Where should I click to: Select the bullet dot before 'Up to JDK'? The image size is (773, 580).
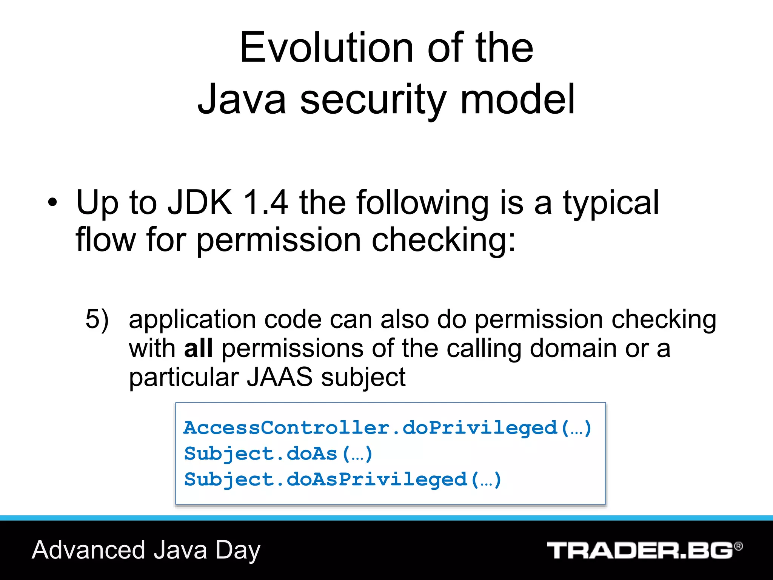click(53, 203)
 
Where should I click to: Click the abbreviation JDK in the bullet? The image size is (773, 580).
click(200, 203)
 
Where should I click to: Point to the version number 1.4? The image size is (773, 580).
click(266, 203)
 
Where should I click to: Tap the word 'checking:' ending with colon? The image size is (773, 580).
click(443, 240)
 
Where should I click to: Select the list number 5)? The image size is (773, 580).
click(97, 319)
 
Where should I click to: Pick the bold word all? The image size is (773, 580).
click(198, 348)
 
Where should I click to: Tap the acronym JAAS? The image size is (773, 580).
click(279, 377)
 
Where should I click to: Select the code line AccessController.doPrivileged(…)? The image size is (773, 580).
click(387, 428)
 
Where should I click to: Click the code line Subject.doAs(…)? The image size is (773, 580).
click(278, 454)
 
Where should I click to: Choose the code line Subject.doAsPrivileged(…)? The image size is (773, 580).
click(342, 480)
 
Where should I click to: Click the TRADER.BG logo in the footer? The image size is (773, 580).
click(639, 551)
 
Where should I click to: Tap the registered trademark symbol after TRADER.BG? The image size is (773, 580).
click(738, 546)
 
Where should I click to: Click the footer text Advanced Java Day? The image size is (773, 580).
click(146, 550)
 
